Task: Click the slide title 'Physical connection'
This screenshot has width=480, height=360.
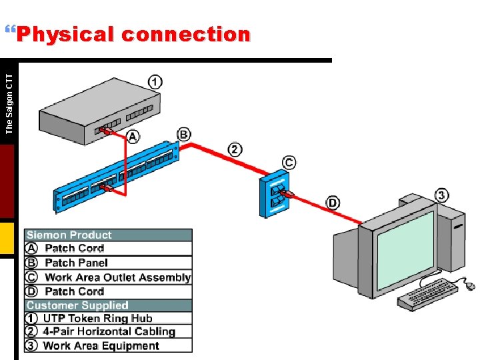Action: [133, 34]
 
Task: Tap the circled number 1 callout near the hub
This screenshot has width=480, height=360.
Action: [155, 82]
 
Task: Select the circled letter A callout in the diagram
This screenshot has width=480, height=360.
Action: [133, 137]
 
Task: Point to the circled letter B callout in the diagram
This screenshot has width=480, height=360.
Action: [184, 134]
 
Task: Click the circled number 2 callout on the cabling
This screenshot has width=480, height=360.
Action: [235, 149]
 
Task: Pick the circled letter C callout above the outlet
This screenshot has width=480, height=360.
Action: [289, 162]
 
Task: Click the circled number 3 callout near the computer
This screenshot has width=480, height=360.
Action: [441, 195]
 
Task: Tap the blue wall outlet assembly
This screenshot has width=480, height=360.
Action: [275, 193]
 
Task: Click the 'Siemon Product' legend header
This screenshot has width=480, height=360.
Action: [69, 235]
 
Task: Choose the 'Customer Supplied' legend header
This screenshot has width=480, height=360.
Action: [77, 305]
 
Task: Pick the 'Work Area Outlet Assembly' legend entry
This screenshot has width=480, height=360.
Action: [117, 277]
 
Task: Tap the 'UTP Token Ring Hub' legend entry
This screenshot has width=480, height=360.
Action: [97, 319]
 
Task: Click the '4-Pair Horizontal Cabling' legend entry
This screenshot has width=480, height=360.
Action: [109, 332]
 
